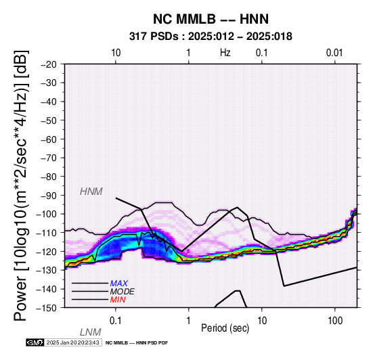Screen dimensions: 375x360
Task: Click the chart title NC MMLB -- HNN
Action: pos(211,19)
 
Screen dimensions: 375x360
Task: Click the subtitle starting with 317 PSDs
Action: pos(211,37)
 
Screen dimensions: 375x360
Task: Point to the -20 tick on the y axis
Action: pos(49,64)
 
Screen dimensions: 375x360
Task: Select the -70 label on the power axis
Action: pos(49,158)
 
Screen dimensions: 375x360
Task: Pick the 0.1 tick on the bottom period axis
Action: pos(116,321)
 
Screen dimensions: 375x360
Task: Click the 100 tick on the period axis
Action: pos(335,321)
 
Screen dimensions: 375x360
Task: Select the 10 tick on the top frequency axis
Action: pos(116,53)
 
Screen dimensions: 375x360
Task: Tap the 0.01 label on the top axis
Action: pos(334,53)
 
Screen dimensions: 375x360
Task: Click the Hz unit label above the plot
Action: pos(225,53)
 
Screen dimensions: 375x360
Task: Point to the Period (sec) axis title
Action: pos(225,328)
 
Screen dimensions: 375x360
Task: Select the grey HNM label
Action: pos(91,192)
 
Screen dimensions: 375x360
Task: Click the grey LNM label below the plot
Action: pos(91,332)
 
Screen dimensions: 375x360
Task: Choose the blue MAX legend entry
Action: pos(119,284)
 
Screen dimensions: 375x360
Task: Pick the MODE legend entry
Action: pos(123,292)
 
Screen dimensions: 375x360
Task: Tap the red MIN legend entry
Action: pos(118,300)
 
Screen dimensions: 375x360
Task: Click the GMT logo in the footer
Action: pos(35,342)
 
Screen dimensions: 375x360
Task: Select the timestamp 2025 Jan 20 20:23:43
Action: pos(72,342)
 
